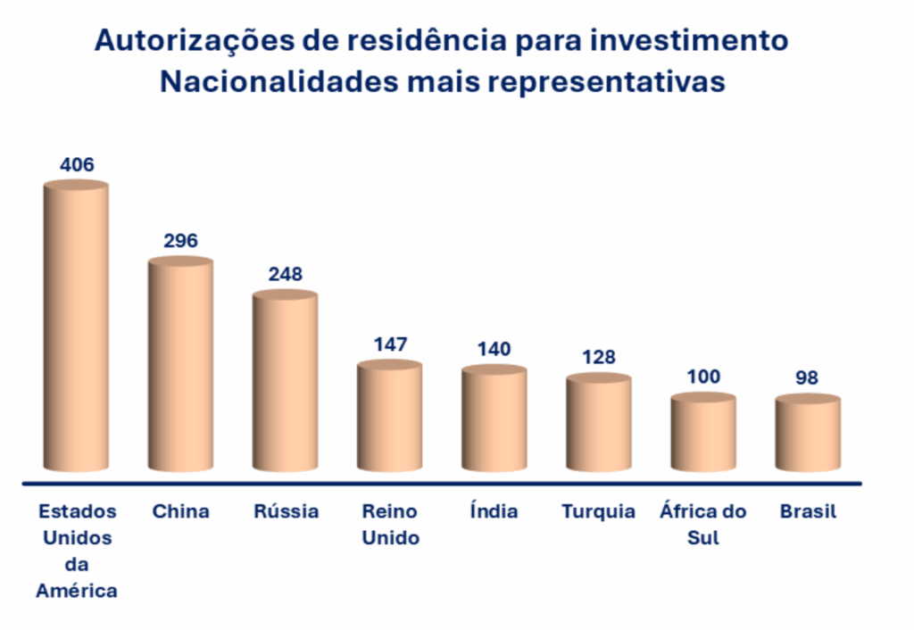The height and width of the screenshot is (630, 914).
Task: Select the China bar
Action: coord(180,366)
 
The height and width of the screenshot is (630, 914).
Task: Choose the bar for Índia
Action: coord(494,419)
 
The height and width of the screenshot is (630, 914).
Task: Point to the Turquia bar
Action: coord(598,424)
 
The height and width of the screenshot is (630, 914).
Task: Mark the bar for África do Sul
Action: coord(703,434)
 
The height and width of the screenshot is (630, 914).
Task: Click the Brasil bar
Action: coord(808,435)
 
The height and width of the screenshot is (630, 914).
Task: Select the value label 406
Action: coord(77,165)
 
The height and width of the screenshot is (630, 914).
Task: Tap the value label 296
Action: coord(180,241)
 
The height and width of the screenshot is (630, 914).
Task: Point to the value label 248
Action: coord(286,274)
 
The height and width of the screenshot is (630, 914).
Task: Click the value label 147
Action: coord(390,344)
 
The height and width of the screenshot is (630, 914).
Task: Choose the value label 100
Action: coord(703,377)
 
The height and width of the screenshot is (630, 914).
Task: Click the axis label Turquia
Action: coord(598,511)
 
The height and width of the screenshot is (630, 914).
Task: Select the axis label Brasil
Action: coord(808,511)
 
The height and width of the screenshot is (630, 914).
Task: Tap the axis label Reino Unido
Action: coord(390,525)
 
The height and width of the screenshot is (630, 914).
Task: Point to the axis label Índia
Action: coord(494,510)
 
